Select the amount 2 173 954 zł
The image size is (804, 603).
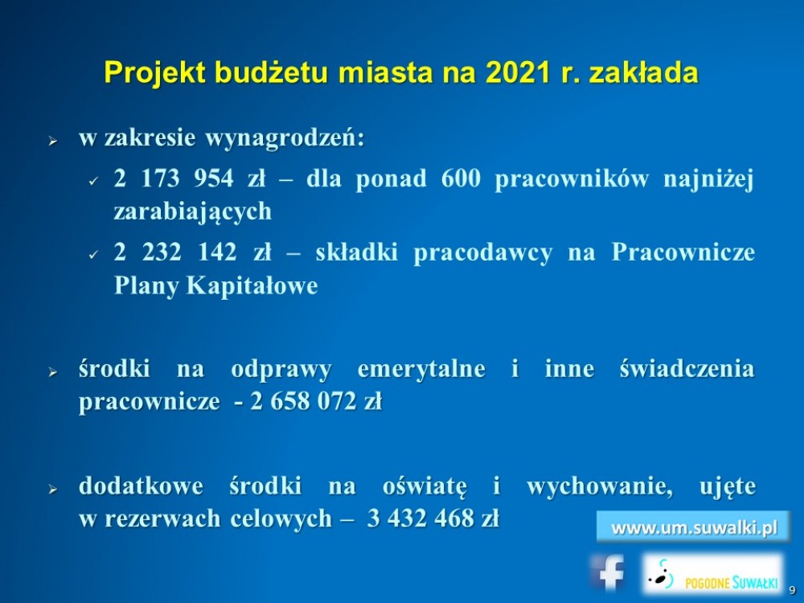pyautogui.click(x=191, y=179)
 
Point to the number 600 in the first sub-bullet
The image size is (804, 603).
pyautogui.click(x=461, y=179)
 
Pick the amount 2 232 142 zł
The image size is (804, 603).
pyautogui.click(x=193, y=252)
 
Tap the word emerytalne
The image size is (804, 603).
pyautogui.click(x=421, y=370)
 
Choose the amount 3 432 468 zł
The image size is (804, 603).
pyautogui.click(x=433, y=519)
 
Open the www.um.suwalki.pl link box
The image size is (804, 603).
pyautogui.click(x=693, y=527)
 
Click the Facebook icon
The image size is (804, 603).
pyautogui.click(x=608, y=572)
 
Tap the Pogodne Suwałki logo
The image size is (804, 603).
pyautogui.click(x=713, y=574)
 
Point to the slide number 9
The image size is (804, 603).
pyautogui.click(x=792, y=590)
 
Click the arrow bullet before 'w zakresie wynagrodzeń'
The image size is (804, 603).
pyautogui.click(x=52, y=141)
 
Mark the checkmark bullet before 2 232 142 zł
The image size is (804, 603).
pyautogui.click(x=92, y=254)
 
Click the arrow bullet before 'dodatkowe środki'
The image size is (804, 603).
pyautogui.click(x=52, y=489)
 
